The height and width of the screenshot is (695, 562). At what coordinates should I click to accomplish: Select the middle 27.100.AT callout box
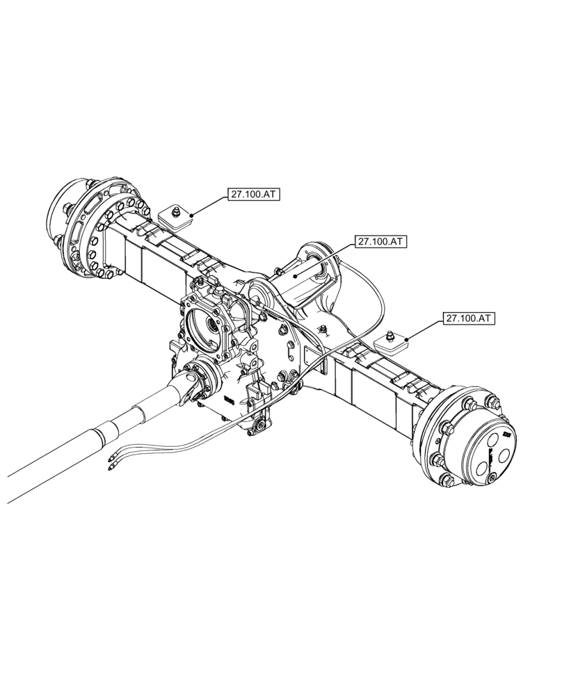(x=381, y=242)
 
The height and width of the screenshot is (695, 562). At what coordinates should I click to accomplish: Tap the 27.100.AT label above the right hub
(x=468, y=318)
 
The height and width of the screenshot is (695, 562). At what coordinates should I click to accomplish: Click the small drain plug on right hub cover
(x=492, y=477)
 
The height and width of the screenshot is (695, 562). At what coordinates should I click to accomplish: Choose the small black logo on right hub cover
(x=506, y=436)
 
